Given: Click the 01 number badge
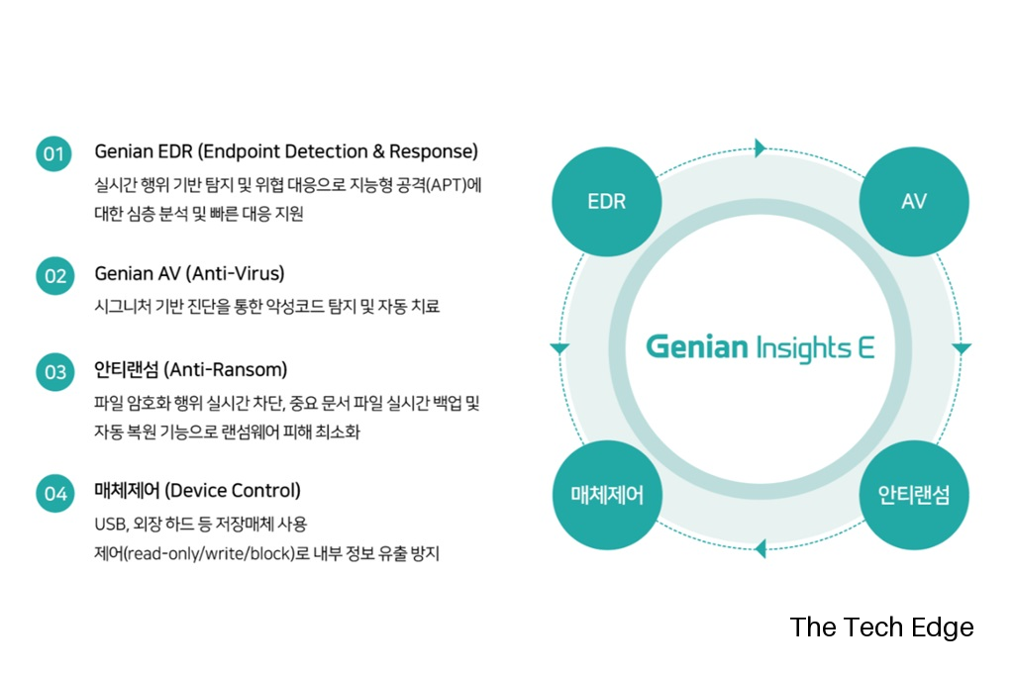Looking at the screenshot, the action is pyautogui.click(x=53, y=153).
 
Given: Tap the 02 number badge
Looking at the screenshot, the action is pyautogui.click(x=55, y=276).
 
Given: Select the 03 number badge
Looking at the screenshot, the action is pyautogui.click(x=55, y=372).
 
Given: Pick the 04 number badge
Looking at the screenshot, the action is pyautogui.click(x=55, y=493).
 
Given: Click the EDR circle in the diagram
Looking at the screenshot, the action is pyautogui.click(x=607, y=201).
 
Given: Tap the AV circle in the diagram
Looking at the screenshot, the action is pyautogui.click(x=914, y=201).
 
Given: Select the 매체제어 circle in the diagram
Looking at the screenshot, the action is pyautogui.click(x=607, y=495).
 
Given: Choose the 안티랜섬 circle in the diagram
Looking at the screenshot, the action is pyautogui.click(x=914, y=495).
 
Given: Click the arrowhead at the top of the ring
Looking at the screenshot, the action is pyautogui.click(x=760, y=148).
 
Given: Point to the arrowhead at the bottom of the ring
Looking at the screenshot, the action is pyautogui.click(x=760, y=548).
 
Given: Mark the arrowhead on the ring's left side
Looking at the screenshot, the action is pyautogui.click(x=559, y=348).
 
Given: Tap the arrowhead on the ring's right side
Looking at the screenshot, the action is pyautogui.click(x=961, y=348).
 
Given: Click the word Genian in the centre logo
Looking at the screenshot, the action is pyautogui.click(x=697, y=346).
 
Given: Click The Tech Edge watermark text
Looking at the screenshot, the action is pyautogui.click(x=881, y=627).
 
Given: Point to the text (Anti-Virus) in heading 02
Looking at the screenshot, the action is pyautogui.click(x=236, y=273).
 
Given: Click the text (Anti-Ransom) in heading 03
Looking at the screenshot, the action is pyautogui.click(x=226, y=370).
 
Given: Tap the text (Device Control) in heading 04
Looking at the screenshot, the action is pyautogui.click(x=233, y=491).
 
